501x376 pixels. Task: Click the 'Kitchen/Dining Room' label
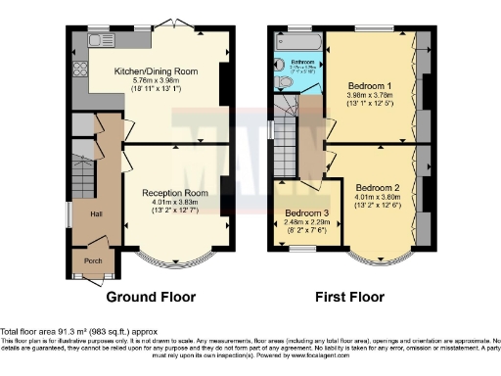[157, 72]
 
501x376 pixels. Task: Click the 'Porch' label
[93, 259]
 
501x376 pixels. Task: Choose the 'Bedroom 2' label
[377, 187]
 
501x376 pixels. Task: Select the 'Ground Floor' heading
[151, 296]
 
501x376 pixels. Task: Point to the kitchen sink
[101, 41]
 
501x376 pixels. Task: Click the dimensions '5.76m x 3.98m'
[157, 81]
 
